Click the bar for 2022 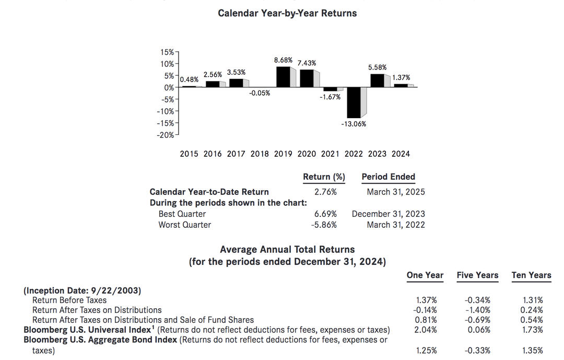353,102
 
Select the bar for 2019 283,77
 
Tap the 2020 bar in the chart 307,78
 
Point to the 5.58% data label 378,67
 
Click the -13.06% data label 354,124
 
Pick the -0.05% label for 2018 260,94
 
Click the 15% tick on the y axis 167,52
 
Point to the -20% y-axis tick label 166,135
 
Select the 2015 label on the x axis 189,154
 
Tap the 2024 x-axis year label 401,154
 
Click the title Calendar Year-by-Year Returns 287,14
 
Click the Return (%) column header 324,177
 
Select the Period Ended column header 388,177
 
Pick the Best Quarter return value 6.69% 325,214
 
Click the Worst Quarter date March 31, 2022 395,225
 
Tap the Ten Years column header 531,275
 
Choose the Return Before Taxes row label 69,300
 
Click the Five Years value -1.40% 477,310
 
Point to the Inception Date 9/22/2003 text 83,291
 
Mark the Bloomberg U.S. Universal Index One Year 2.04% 426,330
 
